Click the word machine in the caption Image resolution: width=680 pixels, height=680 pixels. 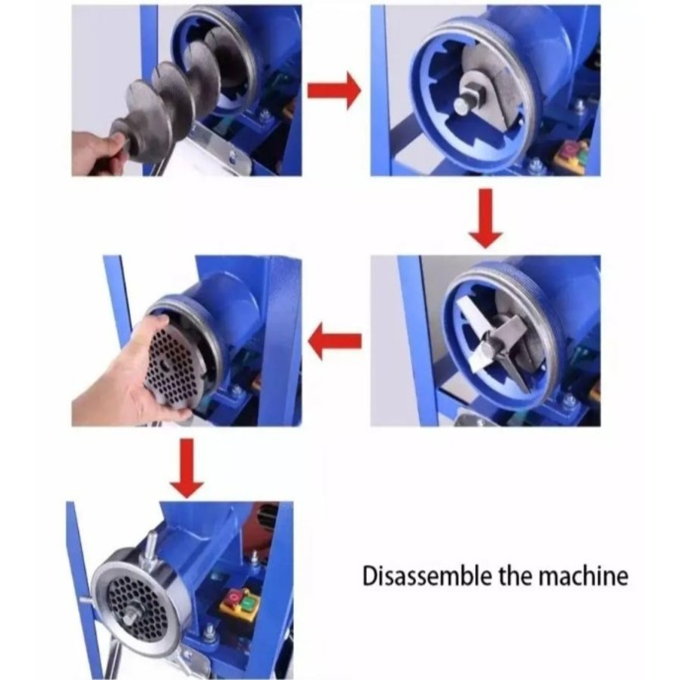[586, 576]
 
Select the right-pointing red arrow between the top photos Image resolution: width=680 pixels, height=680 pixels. [334, 91]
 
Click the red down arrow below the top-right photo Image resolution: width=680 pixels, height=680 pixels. [485, 218]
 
